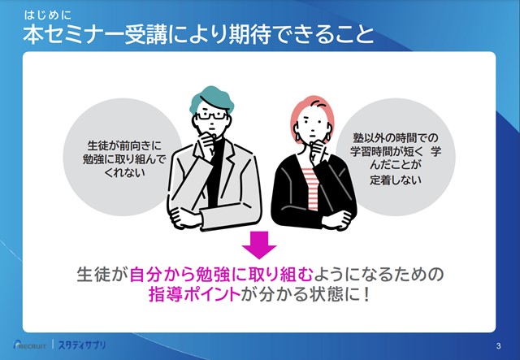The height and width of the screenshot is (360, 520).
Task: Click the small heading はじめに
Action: pyautogui.click(x=47, y=15)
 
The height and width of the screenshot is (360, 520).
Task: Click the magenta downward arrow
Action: pyautogui.click(x=259, y=245)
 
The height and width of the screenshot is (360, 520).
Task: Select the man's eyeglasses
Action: pyautogui.click(x=211, y=115)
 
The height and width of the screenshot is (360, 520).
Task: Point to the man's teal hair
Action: pyautogui.click(x=211, y=98)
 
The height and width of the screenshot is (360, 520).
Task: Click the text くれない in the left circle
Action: pyautogui.click(x=124, y=173)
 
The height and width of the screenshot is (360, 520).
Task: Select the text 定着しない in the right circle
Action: pyautogui.click(x=396, y=180)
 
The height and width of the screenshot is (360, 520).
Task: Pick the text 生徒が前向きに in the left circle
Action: pyautogui.click(x=124, y=145)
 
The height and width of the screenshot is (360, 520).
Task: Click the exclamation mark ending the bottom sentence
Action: pyautogui.click(x=366, y=294)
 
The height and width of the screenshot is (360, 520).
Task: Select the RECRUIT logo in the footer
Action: pyautogui.click(x=30, y=345)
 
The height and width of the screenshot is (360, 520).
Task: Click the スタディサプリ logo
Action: pyautogui.click(x=82, y=345)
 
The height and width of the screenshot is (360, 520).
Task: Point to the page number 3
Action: pyautogui.click(x=498, y=346)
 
